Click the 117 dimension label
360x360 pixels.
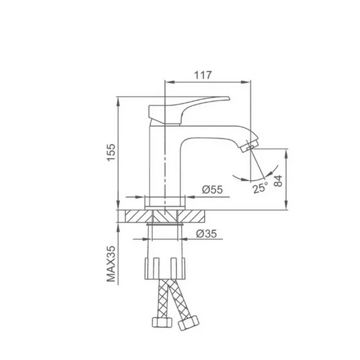tap(203, 75)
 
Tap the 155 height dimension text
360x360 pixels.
tap(111, 152)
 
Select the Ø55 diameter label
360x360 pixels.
tap(212, 189)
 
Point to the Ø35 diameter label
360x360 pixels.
tap(207, 234)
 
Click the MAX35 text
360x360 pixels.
tap(111, 264)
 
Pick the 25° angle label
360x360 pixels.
tap(261, 188)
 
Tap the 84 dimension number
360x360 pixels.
tap(278, 181)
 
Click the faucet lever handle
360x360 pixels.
tap(189, 110)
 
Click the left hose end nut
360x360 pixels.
tap(162, 322)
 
